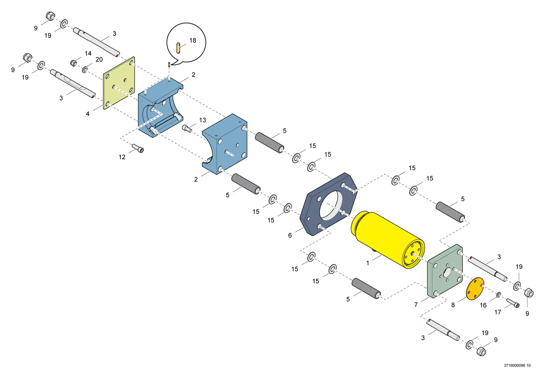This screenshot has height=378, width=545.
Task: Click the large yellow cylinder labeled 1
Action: point(388,240)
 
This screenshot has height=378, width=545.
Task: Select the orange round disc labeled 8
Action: point(475,289)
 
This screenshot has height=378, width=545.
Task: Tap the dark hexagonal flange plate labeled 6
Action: point(329,204)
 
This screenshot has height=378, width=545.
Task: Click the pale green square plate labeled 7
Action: point(445,271)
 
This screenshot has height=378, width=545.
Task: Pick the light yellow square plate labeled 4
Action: point(119,83)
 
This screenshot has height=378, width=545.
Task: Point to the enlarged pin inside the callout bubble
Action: point(178,48)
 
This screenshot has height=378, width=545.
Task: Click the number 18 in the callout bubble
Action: point(193,41)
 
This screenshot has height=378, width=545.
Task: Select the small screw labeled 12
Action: point(138,148)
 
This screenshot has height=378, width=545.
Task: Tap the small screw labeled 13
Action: point(186,128)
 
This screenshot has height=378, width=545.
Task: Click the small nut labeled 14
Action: point(74,63)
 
